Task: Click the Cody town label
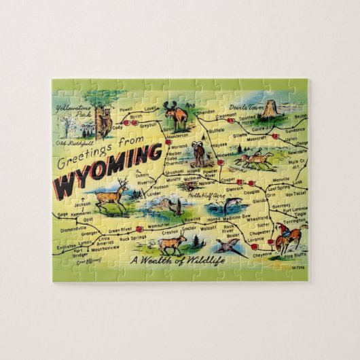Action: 118,127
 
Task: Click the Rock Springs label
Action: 133,238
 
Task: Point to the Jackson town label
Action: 82,203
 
